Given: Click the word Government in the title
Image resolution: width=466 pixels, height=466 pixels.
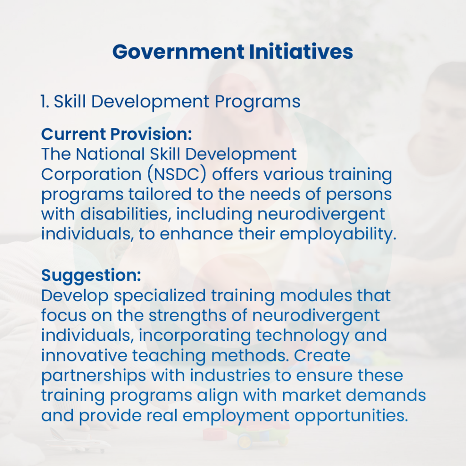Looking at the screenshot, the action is (178, 52).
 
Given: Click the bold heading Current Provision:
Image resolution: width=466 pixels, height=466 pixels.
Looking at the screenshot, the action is (116, 134).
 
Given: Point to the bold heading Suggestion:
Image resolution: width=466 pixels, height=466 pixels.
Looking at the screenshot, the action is (91, 275).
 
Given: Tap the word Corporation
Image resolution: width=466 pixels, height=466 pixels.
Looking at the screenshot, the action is (91, 174).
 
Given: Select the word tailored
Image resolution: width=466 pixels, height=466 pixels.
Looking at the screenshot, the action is (160, 194).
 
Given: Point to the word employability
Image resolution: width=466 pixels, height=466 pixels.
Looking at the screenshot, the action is (338, 234).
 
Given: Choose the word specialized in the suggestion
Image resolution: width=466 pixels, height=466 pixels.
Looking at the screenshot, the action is (160, 296).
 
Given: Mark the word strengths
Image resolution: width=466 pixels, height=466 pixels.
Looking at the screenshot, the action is (187, 316).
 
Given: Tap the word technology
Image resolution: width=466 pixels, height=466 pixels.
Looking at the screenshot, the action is (303, 336).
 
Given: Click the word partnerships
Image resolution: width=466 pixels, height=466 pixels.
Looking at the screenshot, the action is (93, 376).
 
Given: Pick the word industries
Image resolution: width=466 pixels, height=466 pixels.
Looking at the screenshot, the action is (230, 375).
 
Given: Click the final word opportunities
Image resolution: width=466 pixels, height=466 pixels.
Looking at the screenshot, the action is (351, 416).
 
